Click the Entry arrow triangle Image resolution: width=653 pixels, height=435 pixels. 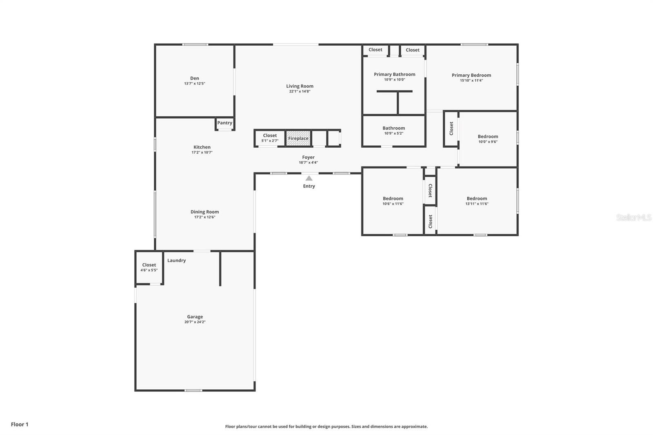coord(309,178)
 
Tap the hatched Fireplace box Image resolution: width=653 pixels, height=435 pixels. coord(298,138)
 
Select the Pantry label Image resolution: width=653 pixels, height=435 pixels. coord(224,123)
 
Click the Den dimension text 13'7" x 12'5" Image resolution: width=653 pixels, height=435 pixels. coord(195,84)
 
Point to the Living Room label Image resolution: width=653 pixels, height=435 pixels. coord(300,86)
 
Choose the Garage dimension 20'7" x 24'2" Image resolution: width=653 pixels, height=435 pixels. coord(195,322)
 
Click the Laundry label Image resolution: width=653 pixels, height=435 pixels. coord(176,260)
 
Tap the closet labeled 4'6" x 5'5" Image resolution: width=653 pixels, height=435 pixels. coord(149,267)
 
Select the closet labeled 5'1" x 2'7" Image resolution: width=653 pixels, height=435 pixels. coord(270,138)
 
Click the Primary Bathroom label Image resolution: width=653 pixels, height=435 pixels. coord(394,74)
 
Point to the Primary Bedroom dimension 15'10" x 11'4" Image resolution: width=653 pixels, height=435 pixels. coord(471,80)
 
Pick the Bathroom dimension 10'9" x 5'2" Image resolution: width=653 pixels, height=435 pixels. coord(393,133)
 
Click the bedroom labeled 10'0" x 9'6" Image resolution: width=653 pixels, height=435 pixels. coord(488,139)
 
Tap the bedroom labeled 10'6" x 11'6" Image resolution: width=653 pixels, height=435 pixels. coord(393,201)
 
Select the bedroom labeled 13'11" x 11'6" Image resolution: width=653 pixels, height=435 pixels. coord(477,201)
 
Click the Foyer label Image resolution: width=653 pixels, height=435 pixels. coord(308,157)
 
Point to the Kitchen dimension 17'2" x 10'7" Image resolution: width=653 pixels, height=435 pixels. coord(202,152)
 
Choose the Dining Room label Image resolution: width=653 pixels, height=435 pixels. coord(204,212)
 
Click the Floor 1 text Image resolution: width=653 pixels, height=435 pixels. coord(20,424)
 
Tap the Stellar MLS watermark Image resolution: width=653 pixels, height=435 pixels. coord(633,217)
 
